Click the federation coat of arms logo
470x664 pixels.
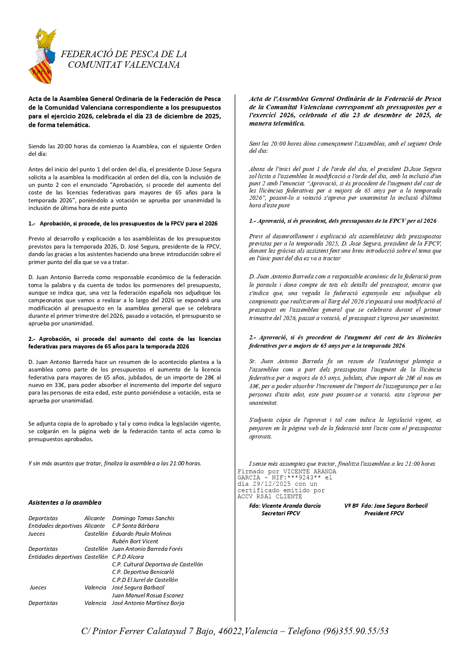(42, 56)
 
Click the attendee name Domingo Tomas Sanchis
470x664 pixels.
(143, 518)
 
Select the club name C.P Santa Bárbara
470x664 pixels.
(135, 526)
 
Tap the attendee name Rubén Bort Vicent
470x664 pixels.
(135, 541)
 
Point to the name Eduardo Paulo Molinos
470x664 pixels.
(142, 533)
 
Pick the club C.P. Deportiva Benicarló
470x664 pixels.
(143, 572)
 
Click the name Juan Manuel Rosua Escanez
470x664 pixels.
(148, 595)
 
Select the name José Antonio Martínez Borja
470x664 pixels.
(148, 603)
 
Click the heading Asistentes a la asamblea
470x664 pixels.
(65, 502)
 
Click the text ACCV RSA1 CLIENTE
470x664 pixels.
(270, 496)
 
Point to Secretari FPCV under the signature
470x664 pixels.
(281, 513)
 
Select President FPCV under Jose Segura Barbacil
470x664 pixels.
(384, 513)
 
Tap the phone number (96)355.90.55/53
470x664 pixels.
(356, 631)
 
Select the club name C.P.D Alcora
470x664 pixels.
(128, 557)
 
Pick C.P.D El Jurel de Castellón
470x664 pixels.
(145, 580)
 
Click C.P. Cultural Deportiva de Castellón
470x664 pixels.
(157, 564)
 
